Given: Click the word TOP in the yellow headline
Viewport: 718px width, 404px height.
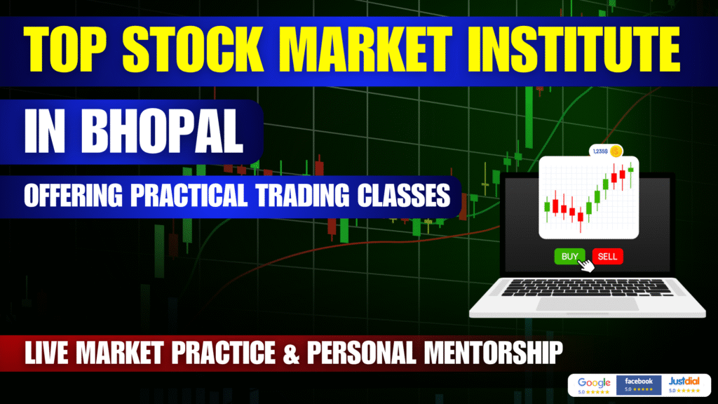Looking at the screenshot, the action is click(x=65, y=50).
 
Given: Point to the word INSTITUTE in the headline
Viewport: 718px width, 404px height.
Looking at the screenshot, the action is click(x=574, y=50).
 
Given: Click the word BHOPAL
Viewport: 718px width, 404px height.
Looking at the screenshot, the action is click(x=162, y=131).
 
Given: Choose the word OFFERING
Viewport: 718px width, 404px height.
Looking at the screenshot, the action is click(x=73, y=196).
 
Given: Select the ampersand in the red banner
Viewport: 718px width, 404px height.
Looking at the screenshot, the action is click(x=291, y=353).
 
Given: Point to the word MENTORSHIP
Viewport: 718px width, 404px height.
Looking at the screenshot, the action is click(x=493, y=353).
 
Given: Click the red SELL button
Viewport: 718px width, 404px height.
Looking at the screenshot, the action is click(x=608, y=257).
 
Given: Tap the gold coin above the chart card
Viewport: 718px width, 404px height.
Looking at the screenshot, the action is click(x=616, y=151).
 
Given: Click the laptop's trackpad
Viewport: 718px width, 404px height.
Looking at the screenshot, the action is click(x=588, y=304).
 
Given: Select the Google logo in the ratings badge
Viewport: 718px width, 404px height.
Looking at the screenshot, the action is click(x=594, y=382).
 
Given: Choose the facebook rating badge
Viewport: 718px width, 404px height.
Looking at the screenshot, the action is click(x=639, y=385).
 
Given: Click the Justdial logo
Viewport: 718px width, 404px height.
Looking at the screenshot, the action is click(x=684, y=381).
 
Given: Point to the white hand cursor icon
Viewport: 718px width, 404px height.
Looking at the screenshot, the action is click(x=585, y=264).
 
